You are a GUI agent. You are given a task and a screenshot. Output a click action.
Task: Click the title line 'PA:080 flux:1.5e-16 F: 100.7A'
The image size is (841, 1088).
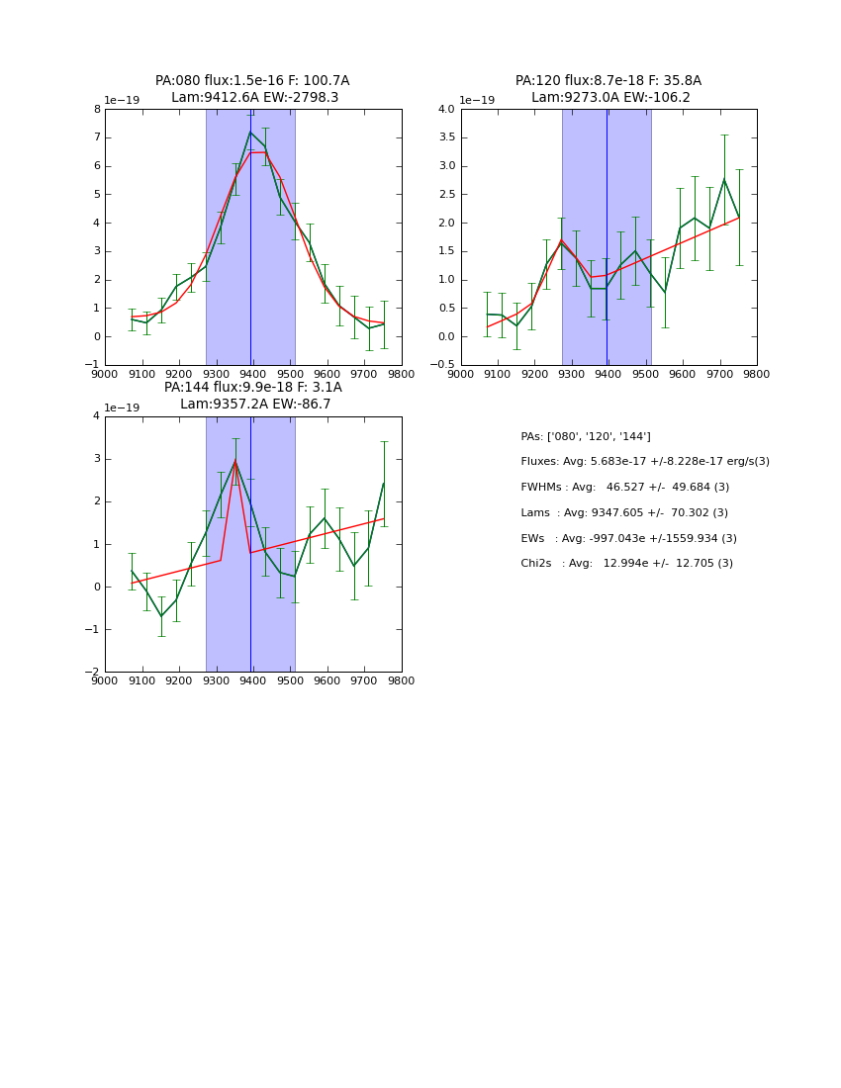(x=252, y=81)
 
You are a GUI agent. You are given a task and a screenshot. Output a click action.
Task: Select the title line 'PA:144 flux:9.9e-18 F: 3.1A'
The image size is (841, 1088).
(x=252, y=388)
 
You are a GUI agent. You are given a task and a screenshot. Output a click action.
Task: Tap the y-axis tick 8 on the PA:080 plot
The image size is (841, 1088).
(x=97, y=110)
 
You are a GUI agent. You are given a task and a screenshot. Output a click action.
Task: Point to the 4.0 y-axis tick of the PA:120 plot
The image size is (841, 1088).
(x=446, y=110)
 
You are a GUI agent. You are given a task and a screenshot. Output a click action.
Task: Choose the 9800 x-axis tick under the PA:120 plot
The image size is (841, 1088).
(x=757, y=375)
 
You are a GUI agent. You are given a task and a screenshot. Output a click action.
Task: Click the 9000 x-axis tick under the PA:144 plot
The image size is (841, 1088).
(x=105, y=681)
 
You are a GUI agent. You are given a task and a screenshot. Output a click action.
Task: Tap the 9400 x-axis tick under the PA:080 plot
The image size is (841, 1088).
(x=252, y=375)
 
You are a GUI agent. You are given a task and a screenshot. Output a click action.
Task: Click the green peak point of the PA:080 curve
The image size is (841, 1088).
(x=250, y=132)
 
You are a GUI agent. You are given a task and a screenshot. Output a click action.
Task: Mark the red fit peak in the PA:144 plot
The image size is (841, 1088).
(x=235, y=461)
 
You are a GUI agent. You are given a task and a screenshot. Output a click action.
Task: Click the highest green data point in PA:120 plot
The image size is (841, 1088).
(x=724, y=179)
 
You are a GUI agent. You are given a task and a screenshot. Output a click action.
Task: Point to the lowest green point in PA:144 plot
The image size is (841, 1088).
(x=161, y=616)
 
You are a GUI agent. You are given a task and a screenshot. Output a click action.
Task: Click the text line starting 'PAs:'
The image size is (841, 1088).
(x=585, y=436)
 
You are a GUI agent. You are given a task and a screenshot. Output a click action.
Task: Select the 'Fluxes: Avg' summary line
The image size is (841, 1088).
(x=644, y=462)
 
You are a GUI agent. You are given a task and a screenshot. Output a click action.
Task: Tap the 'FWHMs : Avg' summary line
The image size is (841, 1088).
(x=624, y=487)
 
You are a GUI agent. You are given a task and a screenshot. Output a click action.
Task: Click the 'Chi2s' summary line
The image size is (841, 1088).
(x=626, y=564)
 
